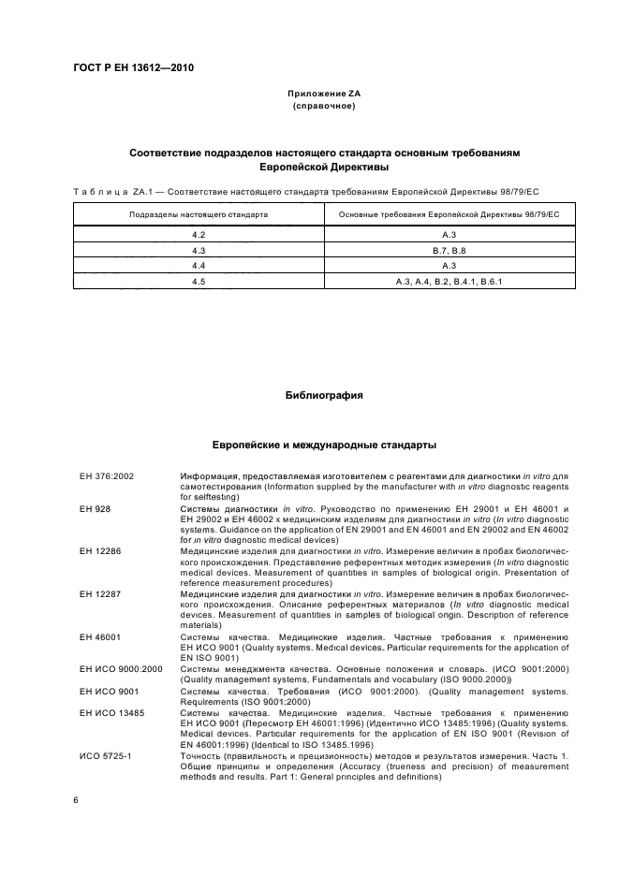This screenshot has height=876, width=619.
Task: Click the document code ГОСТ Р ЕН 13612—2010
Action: click(133, 67)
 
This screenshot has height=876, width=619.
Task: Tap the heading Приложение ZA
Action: click(324, 95)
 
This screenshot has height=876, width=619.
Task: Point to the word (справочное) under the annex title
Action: click(324, 107)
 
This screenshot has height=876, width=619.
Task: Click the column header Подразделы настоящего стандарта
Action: click(199, 214)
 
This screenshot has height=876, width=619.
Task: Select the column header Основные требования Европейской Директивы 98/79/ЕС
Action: click(449, 214)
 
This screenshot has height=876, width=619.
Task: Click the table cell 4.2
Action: click(199, 235)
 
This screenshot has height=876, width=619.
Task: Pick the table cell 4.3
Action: click(199, 250)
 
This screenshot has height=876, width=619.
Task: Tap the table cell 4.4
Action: click(199, 265)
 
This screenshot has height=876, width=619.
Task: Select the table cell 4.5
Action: click(199, 280)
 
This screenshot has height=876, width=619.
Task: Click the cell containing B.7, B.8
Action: click(449, 250)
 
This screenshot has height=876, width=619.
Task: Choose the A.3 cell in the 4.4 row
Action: click(449, 265)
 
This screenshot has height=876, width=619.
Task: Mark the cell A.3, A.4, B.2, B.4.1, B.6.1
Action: click(449, 280)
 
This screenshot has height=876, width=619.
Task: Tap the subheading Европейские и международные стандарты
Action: click(324, 445)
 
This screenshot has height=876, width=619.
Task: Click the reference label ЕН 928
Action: click(96, 508)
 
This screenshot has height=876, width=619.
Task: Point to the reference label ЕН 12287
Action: click(99, 593)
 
